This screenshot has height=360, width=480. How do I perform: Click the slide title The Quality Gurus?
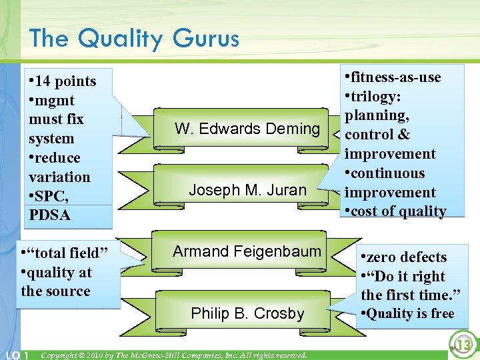[x=134, y=39]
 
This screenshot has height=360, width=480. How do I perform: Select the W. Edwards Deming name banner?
[x=247, y=129]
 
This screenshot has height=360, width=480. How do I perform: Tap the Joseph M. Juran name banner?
[x=247, y=190]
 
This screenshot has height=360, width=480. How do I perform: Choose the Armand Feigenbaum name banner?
[x=247, y=251]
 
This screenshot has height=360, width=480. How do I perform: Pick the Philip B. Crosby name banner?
[x=247, y=313]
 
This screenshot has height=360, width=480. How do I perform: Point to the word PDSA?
[x=49, y=215]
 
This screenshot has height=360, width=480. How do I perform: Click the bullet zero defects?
[x=407, y=257]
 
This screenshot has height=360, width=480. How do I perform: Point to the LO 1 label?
[x=16, y=355]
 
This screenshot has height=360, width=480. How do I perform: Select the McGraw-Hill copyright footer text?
[x=174, y=355]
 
